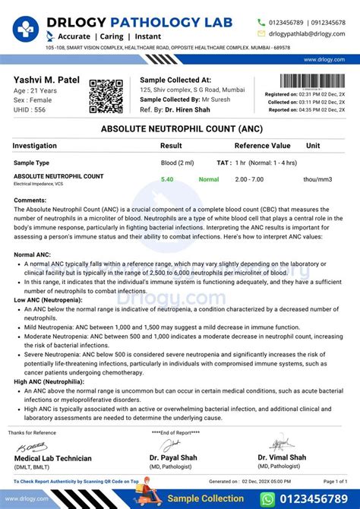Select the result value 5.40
pos(167,180)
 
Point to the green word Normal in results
pos(209,180)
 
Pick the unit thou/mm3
pos(318,180)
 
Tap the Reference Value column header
pos(262,146)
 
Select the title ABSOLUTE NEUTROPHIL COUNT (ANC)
pos(179,130)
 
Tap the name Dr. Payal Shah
pos(175,457)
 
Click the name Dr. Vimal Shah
pos(282,457)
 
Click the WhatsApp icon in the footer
pos(267,499)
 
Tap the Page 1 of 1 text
pos(335,482)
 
